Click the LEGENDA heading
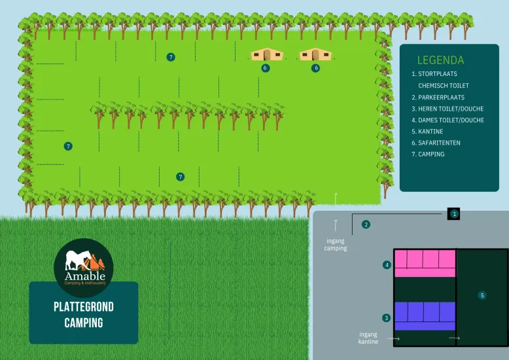coord(440,60)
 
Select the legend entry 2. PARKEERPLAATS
coord(438,97)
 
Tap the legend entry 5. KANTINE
coord(427,132)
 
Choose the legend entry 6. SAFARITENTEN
coord(436,143)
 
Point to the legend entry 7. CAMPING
coord(428,154)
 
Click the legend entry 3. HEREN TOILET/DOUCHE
coord(448,109)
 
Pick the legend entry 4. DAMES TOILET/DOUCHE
coord(448,120)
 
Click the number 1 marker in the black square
coord(454,214)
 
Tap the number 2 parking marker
coord(366,225)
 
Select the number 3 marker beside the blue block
coord(386,317)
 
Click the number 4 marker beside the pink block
coord(387,265)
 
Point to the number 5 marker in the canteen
coord(482,295)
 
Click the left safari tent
coord(267,54)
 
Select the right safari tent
coord(315,54)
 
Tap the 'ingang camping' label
coord(336,244)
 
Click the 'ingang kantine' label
coord(368,338)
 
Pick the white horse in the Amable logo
coord(78,260)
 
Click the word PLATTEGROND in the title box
coord(84,307)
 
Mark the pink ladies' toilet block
coord(425,264)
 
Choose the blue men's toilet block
coord(425,316)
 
